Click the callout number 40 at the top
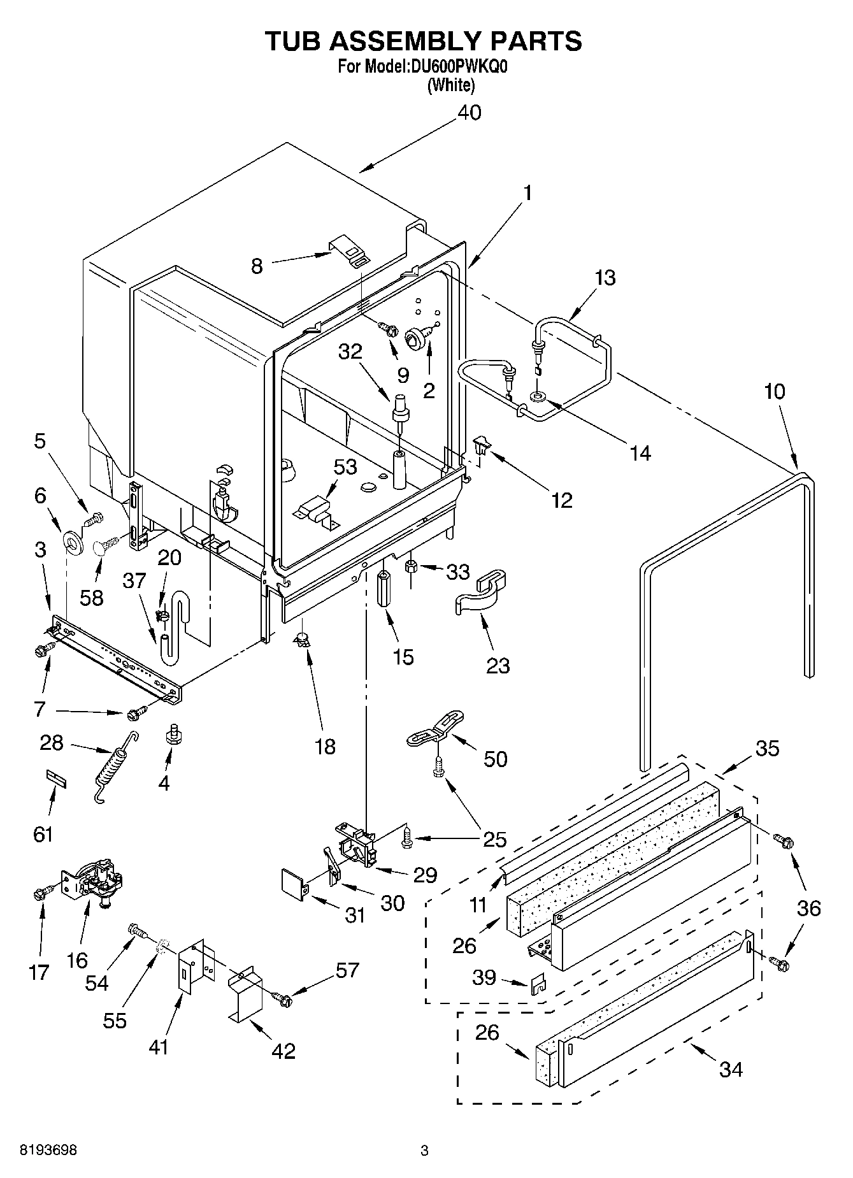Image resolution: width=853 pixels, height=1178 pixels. pos(470,113)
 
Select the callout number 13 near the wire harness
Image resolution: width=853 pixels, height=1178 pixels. pos(605,278)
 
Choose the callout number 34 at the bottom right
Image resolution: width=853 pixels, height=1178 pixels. pos(731,1068)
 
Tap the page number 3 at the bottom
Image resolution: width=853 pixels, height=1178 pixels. pos(424,1151)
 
